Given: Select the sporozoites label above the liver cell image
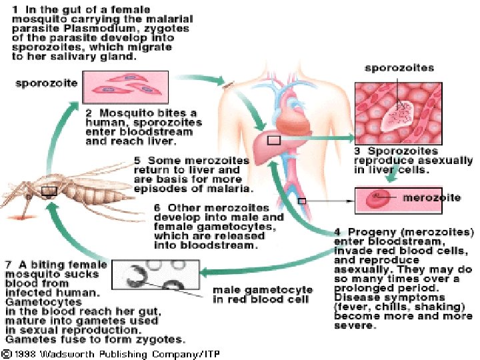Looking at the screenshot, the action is tap(399, 68).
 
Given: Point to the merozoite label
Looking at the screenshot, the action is tap(431, 197).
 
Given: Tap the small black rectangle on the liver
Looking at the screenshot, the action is tap(273, 141).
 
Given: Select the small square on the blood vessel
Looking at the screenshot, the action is tap(301, 200).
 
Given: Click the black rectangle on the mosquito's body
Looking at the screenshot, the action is tap(48, 191).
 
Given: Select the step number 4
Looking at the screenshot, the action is tap(337, 232).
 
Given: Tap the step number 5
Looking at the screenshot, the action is tap(138, 161).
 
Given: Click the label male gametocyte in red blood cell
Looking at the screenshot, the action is tap(262, 295).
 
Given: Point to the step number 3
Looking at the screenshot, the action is tap(358, 151).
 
